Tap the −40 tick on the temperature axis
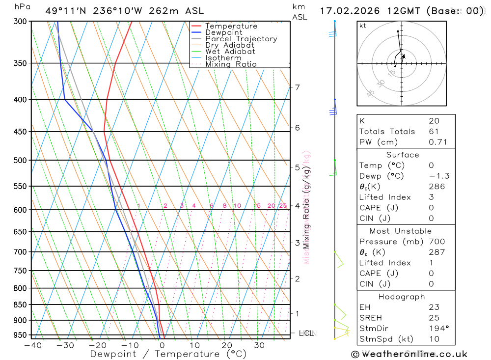(x=32, y=345)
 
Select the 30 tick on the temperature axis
(x=259, y=345)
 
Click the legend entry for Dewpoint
(x=223, y=32)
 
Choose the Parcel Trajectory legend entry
(x=241, y=39)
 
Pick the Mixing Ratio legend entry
(x=231, y=64)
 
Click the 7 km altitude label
(x=297, y=87)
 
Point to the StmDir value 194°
(x=438, y=329)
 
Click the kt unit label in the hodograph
(x=363, y=26)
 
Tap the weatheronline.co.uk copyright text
(x=409, y=354)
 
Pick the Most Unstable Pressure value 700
(x=437, y=242)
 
